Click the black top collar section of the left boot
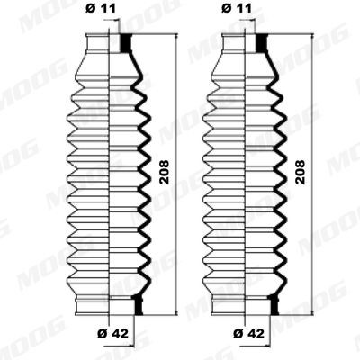(x=125, y=42)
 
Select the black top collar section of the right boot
(x=262, y=42)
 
